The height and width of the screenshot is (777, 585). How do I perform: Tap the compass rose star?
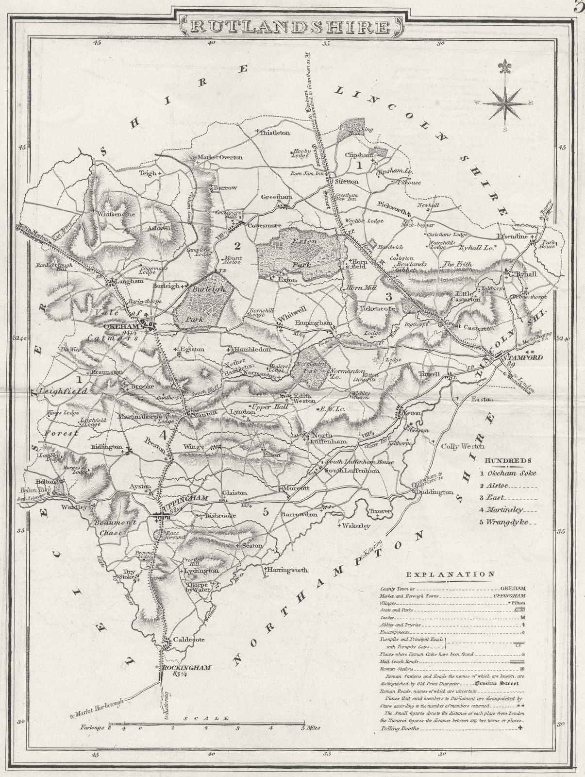(506, 102)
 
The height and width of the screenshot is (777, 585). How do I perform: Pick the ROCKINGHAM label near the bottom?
(187, 668)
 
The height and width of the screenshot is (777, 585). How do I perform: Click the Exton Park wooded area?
(300, 254)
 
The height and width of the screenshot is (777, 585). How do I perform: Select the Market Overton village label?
(219, 157)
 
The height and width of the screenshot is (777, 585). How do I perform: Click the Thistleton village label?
(275, 132)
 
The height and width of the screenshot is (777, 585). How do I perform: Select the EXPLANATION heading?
(451, 574)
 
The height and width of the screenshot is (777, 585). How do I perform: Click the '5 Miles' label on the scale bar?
(312, 728)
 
